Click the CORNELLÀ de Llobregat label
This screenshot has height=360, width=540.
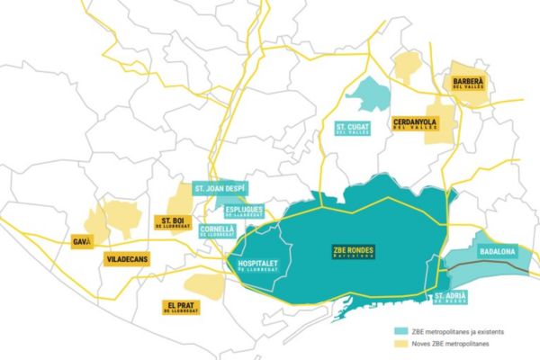(217, 230)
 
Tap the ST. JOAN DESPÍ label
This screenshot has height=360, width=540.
(220, 189)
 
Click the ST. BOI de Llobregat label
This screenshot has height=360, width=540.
(174, 222)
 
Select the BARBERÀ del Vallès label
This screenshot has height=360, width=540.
(468, 82)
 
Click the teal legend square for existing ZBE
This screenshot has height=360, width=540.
(397, 331)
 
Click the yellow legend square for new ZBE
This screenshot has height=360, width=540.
(397, 343)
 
